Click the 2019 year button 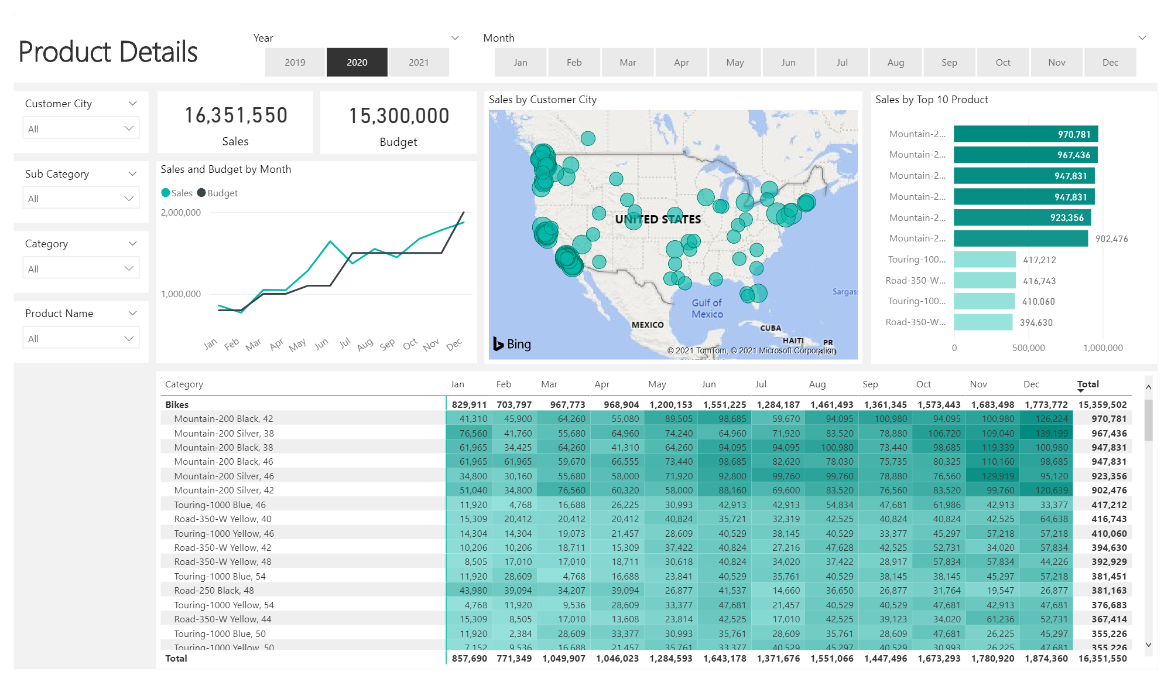pyautogui.click(x=295, y=62)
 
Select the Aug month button pyautogui.click(x=895, y=62)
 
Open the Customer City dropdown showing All pyautogui.click(x=81, y=128)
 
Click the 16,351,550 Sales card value pyautogui.click(x=236, y=115)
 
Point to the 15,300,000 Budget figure pyautogui.click(x=399, y=116)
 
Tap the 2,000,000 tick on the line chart pyautogui.click(x=181, y=213)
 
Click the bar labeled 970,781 pyautogui.click(x=1025, y=134)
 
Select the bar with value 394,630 pyautogui.click(x=982, y=322)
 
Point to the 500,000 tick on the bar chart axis pyautogui.click(x=1028, y=347)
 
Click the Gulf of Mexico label pyautogui.click(x=707, y=308)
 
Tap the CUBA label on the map pyautogui.click(x=770, y=328)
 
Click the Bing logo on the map pyautogui.click(x=512, y=344)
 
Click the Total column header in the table pyautogui.click(x=1088, y=384)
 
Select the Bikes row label pyautogui.click(x=177, y=404)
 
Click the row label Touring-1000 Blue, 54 pyautogui.click(x=220, y=576)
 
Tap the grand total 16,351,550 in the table pyautogui.click(x=1102, y=658)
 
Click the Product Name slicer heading pyautogui.click(x=59, y=313)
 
